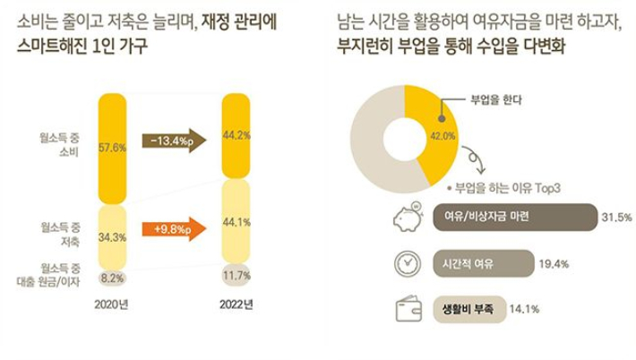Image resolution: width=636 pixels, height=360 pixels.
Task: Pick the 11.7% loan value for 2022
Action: point(235,274)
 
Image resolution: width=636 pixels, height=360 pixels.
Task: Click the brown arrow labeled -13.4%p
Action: point(174,141)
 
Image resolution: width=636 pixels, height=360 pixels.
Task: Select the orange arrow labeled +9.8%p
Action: point(174,228)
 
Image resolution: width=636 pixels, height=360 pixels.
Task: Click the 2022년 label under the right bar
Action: point(236,304)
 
